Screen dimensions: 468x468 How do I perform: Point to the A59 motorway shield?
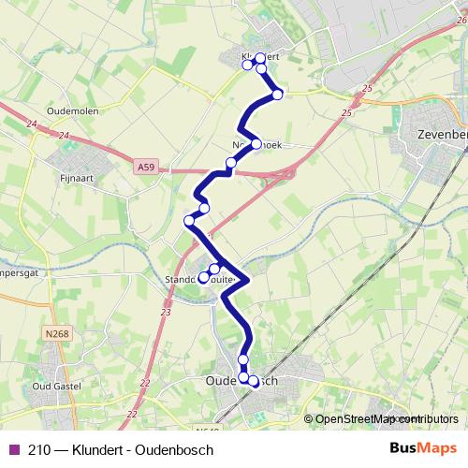tap(145, 168)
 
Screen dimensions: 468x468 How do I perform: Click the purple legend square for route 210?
tap(13, 449)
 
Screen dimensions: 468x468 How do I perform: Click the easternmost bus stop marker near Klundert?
tap(277, 94)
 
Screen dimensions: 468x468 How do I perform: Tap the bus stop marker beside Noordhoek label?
tap(256, 144)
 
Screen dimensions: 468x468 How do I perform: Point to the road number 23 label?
tap(166, 313)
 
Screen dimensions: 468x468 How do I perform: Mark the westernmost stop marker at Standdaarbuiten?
tap(203, 277)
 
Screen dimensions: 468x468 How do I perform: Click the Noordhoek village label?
tap(256, 145)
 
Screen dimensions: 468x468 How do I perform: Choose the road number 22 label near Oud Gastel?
tap(145, 383)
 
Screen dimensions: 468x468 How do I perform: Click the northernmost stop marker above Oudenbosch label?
tap(244, 359)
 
